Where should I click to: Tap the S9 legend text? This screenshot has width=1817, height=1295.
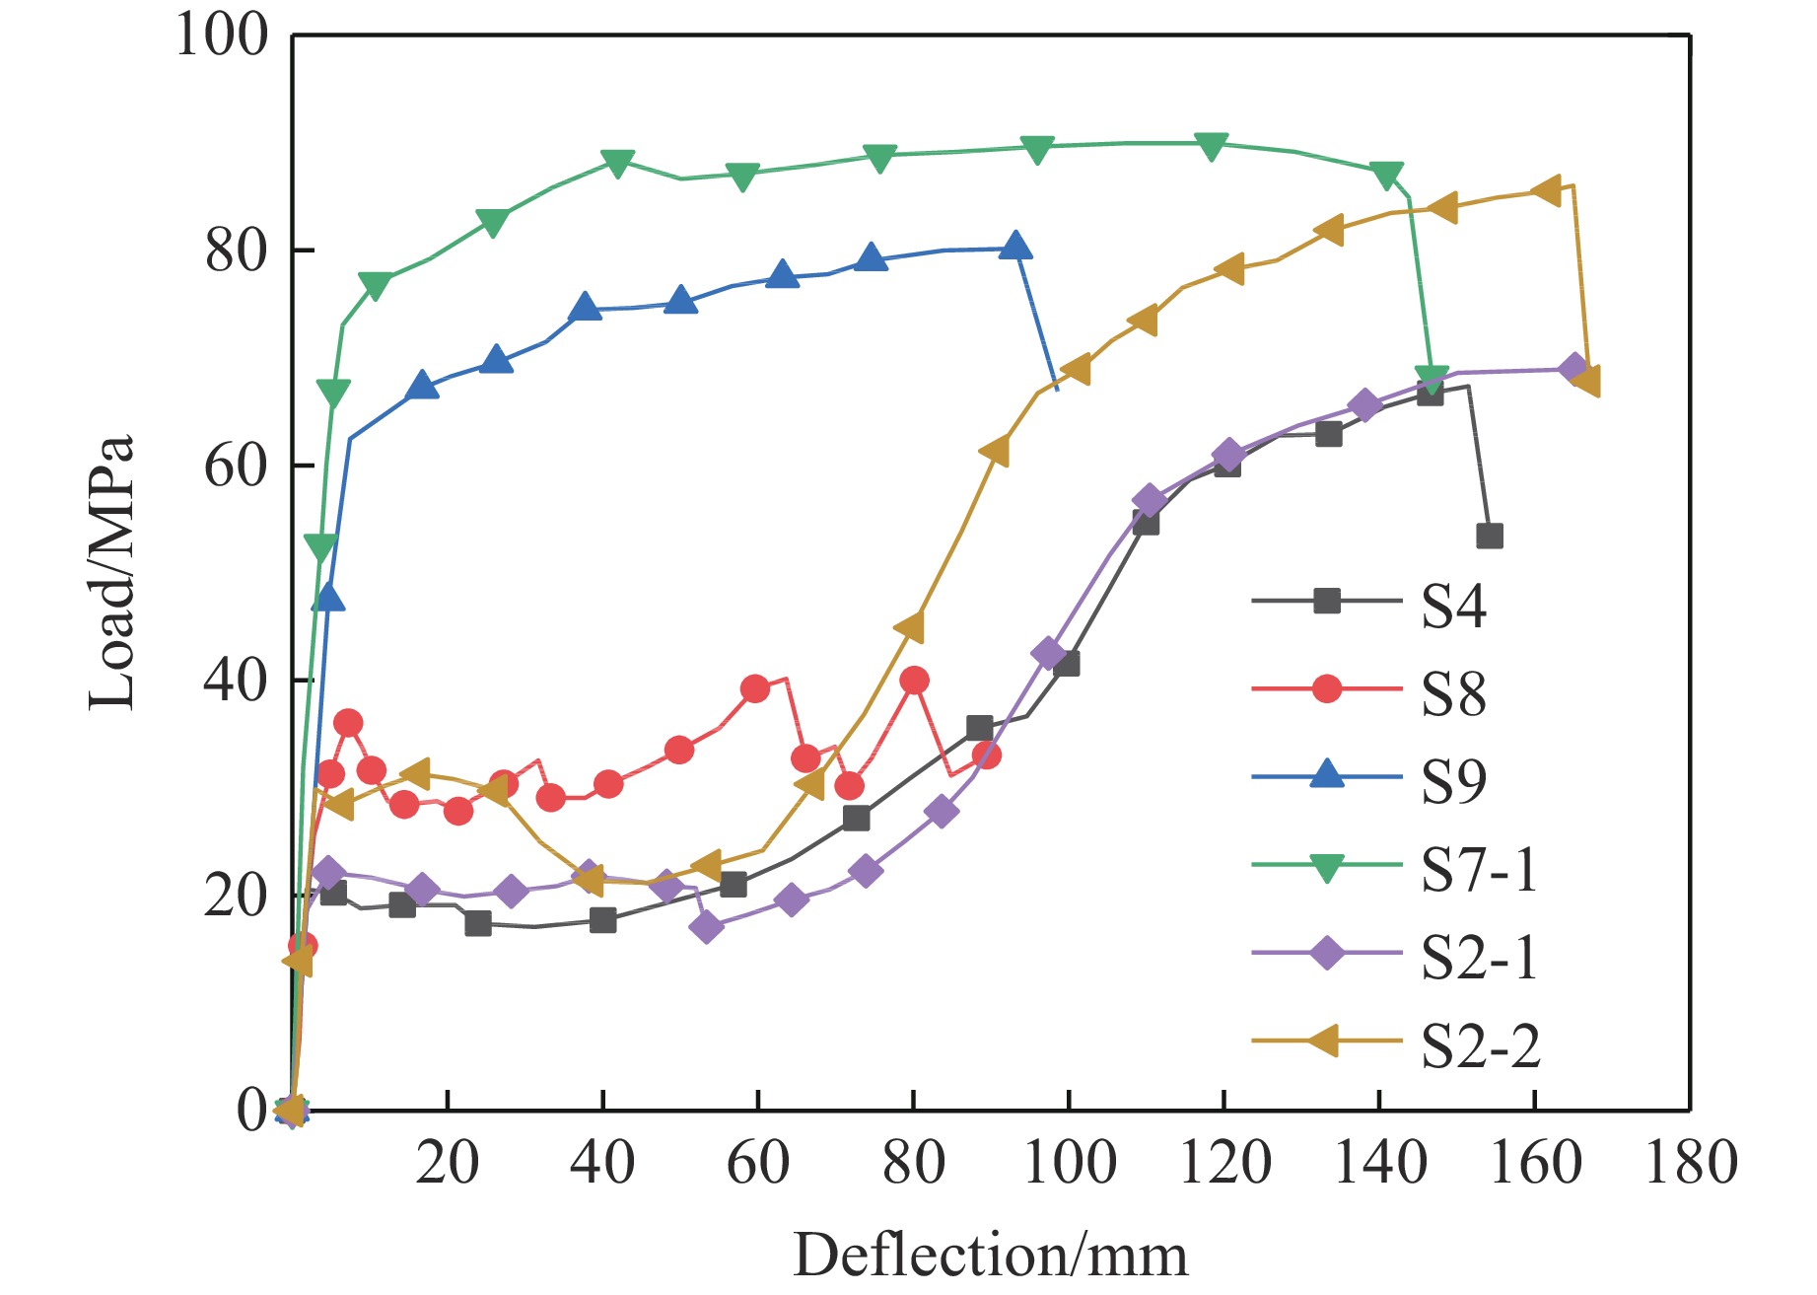(x=1452, y=781)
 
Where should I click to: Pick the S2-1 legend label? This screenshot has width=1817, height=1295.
(x=1479, y=957)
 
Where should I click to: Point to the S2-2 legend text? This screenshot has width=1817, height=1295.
(x=1480, y=1044)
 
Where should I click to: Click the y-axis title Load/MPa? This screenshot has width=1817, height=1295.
(x=110, y=572)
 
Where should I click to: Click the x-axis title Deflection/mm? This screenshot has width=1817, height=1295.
(x=990, y=1255)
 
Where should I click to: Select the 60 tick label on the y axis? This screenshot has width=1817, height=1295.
(x=236, y=466)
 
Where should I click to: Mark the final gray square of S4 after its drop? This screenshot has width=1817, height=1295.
(x=1489, y=537)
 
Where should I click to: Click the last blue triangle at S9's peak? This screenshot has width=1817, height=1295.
(x=1015, y=247)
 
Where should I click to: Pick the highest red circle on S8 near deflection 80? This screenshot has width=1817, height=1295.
(x=914, y=680)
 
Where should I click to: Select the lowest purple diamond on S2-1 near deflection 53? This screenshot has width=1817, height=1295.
(x=706, y=927)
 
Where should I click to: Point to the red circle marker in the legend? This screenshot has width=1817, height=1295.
(x=1327, y=688)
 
